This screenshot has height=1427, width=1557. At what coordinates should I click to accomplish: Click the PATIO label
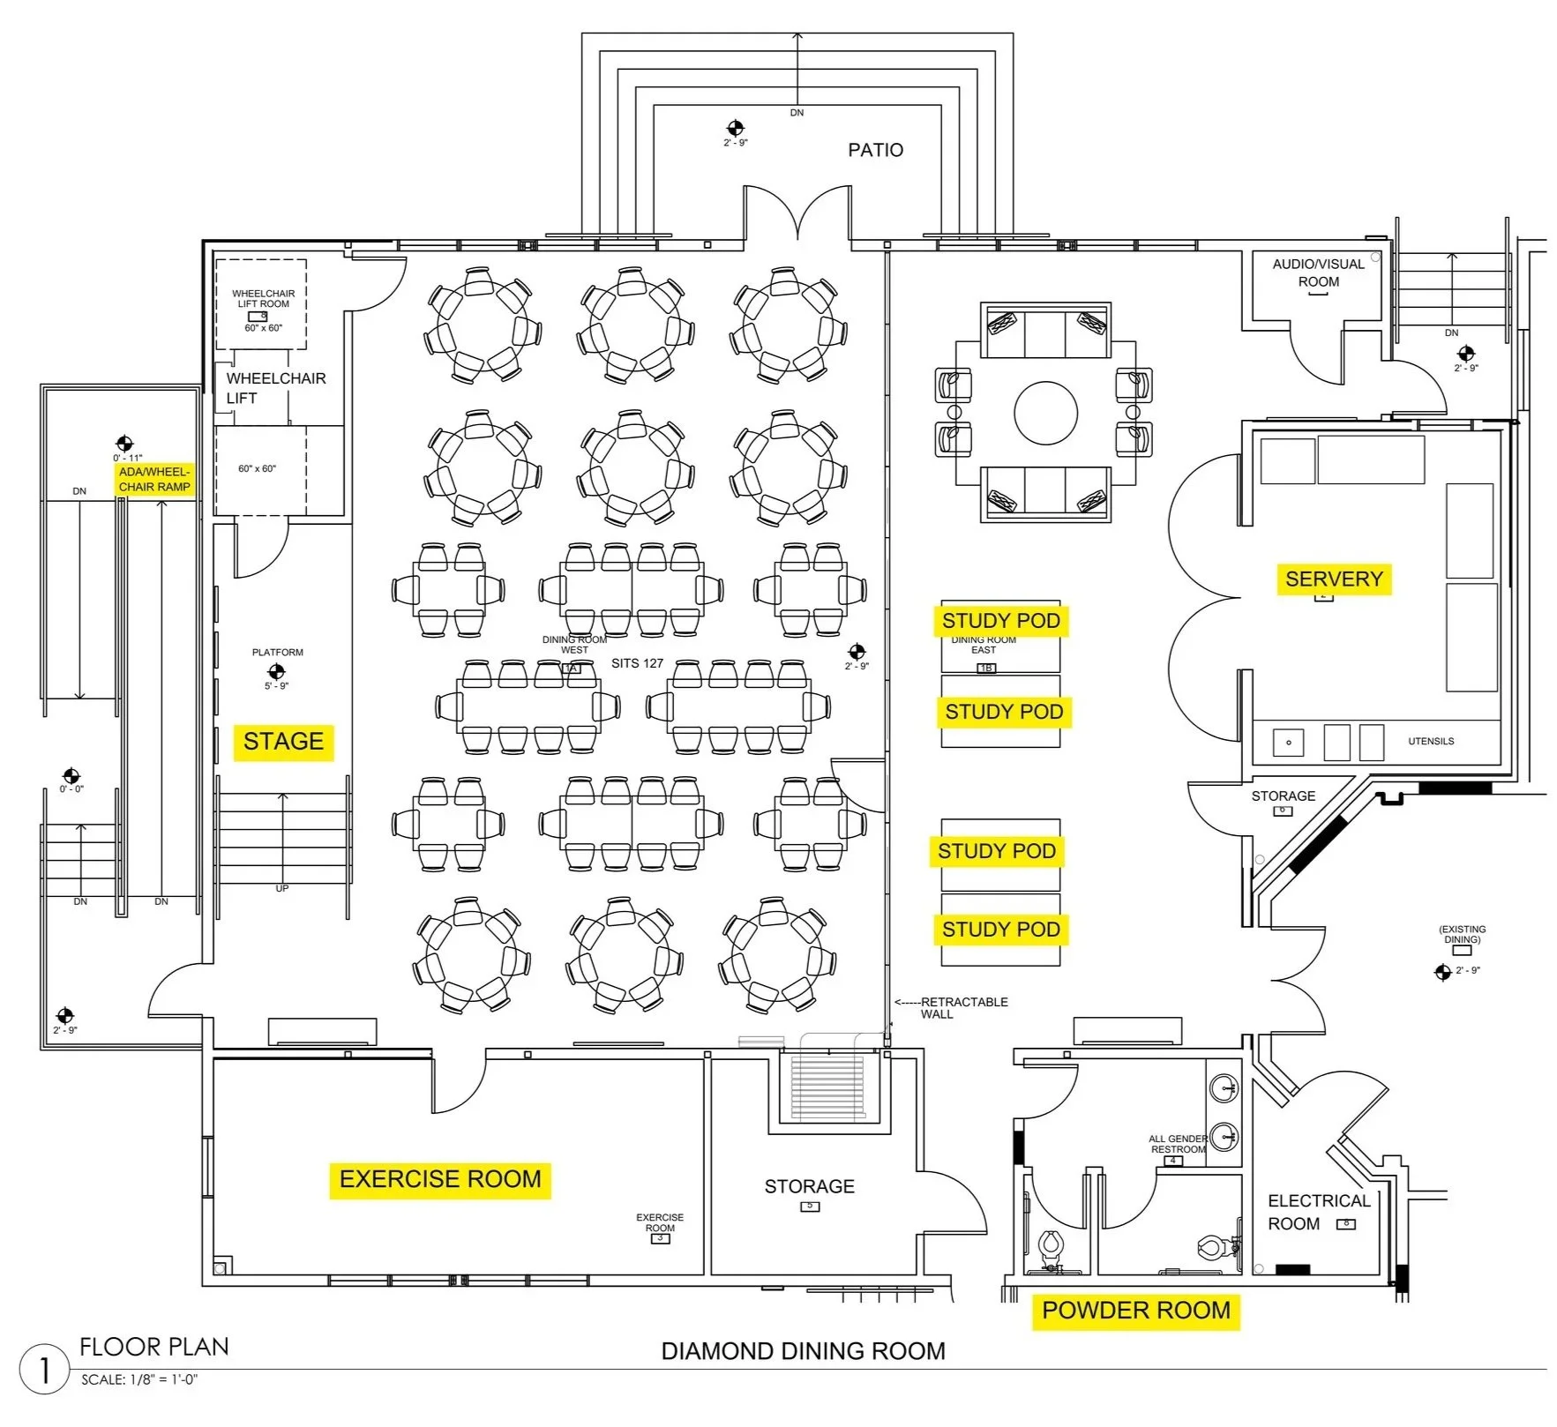[875, 150]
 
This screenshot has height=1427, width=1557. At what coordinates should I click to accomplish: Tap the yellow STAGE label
[283, 741]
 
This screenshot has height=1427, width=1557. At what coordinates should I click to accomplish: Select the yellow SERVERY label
[1333, 579]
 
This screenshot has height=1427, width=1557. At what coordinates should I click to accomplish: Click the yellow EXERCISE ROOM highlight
[440, 1179]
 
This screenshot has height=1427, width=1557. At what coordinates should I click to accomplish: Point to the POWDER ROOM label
[1136, 1311]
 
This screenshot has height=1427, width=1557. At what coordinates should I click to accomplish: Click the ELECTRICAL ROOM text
[1318, 1212]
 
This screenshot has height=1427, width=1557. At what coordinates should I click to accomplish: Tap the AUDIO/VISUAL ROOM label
[1318, 273]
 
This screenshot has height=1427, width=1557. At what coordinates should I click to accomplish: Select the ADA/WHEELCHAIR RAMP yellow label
[154, 480]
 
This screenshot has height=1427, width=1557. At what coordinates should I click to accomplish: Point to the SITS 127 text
[637, 663]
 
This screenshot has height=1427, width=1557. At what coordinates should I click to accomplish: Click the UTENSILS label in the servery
[1430, 741]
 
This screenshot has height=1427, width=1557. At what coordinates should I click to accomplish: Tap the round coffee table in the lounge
[1045, 413]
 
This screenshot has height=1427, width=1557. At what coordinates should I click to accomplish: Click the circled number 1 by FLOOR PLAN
[43, 1370]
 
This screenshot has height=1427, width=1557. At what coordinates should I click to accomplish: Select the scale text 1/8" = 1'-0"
[139, 1380]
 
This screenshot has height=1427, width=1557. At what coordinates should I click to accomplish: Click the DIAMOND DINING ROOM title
[803, 1351]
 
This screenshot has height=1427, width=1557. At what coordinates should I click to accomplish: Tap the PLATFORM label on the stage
[277, 653]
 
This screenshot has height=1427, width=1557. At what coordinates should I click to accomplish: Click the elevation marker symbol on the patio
[736, 128]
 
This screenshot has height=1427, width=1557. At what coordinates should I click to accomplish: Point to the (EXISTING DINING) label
[1462, 934]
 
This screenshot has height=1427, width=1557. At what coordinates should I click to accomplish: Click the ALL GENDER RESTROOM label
[1178, 1144]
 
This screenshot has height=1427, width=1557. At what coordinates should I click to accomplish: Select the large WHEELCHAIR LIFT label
[275, 388]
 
